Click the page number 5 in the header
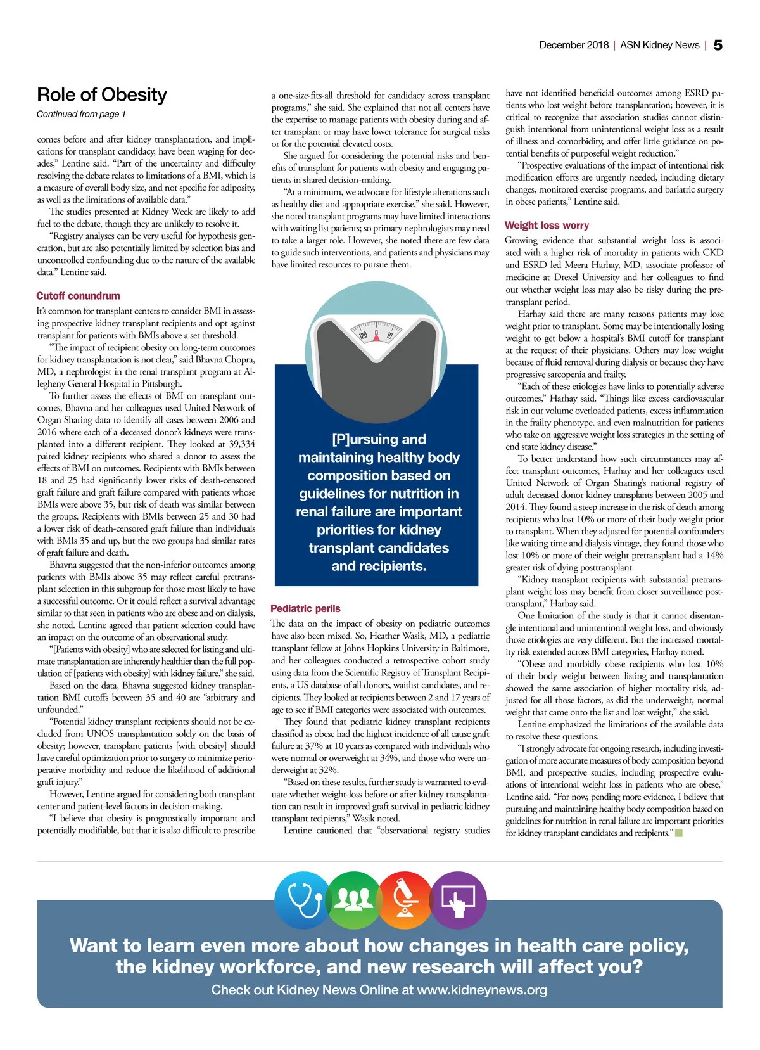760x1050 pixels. tap(718, 45)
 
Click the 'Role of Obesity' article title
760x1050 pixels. tap(102, 95)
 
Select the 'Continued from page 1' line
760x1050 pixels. tap(81, 114)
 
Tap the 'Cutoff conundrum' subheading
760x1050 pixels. tap(78, 296)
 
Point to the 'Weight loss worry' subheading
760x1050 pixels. tap(547, 226)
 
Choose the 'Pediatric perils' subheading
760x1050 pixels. tap(305, 608)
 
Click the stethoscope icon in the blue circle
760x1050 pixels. tap(303, 899)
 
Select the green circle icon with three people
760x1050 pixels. tap(353, 899)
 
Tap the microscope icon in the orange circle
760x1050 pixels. tap(404, 899)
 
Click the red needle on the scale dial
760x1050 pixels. tap(376, 336)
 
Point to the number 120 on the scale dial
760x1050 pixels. tap(363, 335)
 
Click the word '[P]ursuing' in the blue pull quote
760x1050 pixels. tap(358, 439)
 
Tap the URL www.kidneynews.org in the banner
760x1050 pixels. tap(482, 990)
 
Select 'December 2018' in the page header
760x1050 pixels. tap(574, 45)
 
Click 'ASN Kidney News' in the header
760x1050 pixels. tap(659, 45)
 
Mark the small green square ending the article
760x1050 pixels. tap(679, 833)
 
